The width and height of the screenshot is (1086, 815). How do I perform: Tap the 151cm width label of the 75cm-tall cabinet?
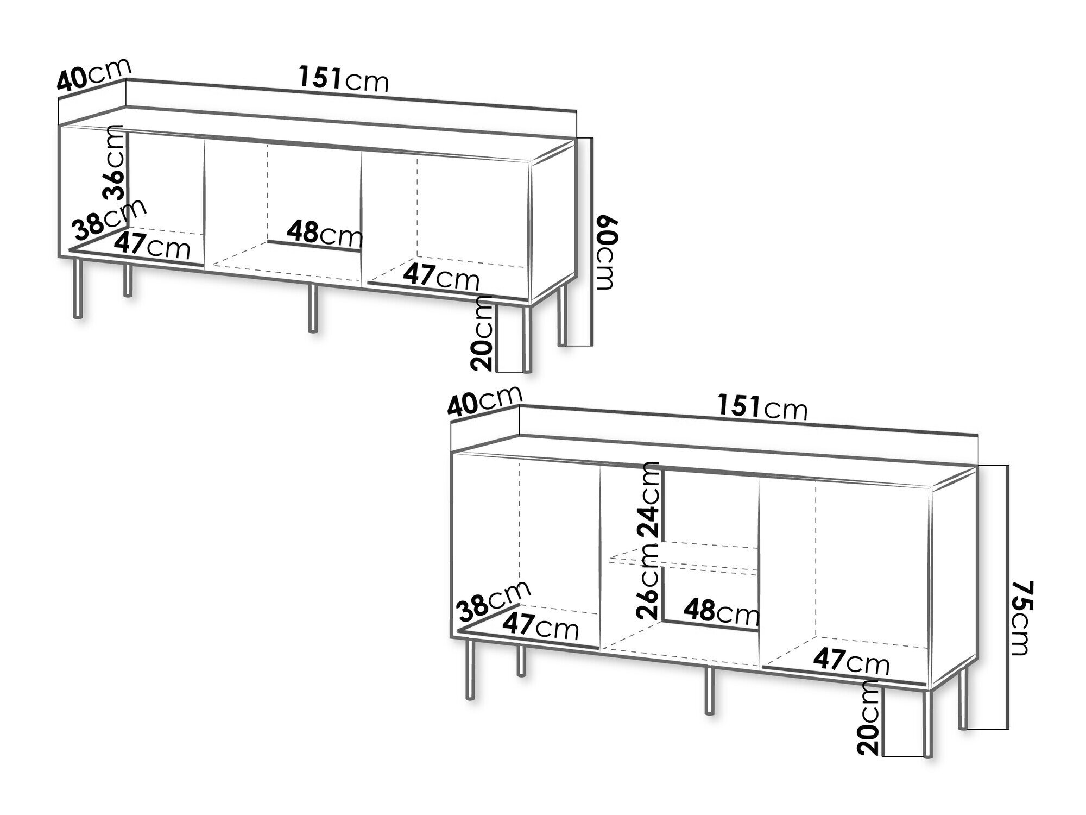(762, 407)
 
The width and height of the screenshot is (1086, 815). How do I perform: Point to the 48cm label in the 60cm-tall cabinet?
(325, 235)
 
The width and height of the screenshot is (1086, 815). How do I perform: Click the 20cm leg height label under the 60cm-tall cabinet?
(482, 334)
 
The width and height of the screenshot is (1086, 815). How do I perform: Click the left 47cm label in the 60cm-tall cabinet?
(153, 246)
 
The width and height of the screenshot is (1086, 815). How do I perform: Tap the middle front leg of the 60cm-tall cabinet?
(312, 308)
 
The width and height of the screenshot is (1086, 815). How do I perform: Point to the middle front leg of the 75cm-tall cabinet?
(709, 690)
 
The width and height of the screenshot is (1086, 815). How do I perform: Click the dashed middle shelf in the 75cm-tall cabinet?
(683, 560)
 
